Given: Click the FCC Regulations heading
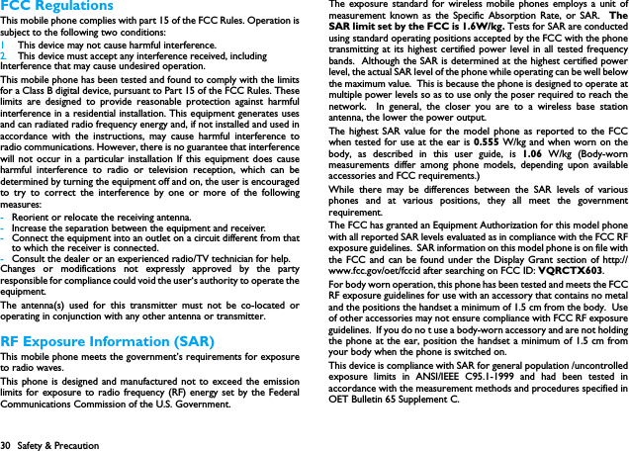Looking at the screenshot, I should (x=57, y=7).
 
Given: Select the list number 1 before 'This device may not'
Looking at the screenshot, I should (x=4, y=45).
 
